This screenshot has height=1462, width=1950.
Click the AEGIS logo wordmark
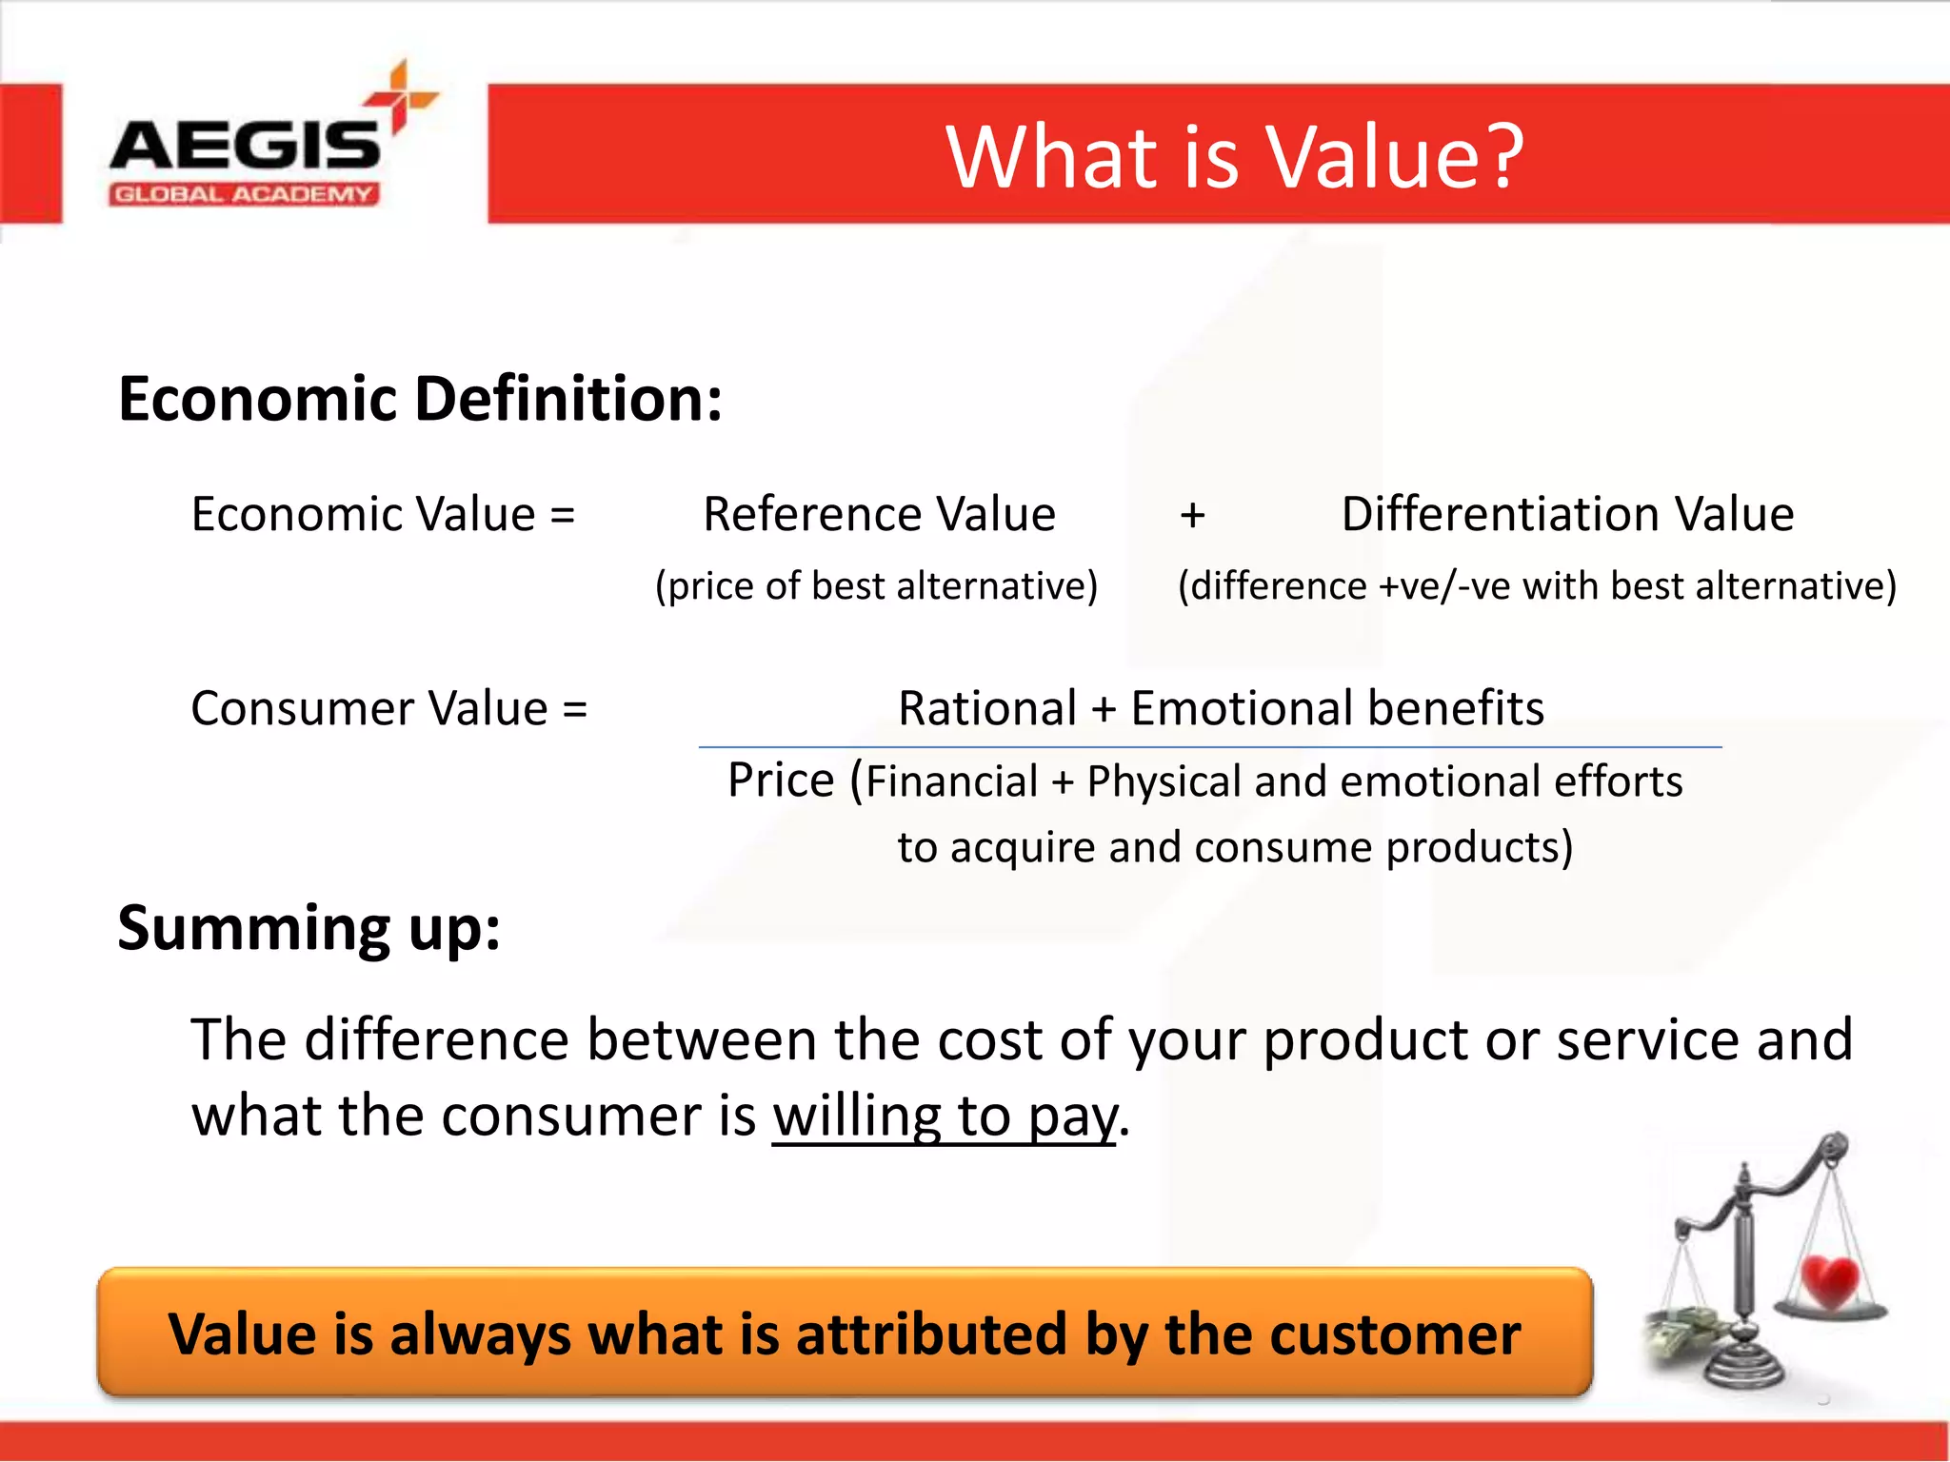coord(245,146)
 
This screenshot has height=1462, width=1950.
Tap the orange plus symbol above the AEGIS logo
coord(401,95)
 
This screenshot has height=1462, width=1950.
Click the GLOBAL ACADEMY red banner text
coord(244,195)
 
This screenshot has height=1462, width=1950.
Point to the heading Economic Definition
coord(420,398)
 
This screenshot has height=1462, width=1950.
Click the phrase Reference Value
coord(879,515)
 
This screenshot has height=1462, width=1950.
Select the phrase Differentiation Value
coord(1567,515)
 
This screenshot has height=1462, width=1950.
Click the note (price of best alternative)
coord(876,585)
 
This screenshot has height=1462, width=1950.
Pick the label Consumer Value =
coord(388,709)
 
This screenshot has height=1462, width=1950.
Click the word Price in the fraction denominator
coord(781,780)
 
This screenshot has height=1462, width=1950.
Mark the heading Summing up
coord(308,928)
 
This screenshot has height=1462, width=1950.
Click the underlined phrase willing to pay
coord(944,1116)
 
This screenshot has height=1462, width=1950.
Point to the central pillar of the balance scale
coord(1743,1266)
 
